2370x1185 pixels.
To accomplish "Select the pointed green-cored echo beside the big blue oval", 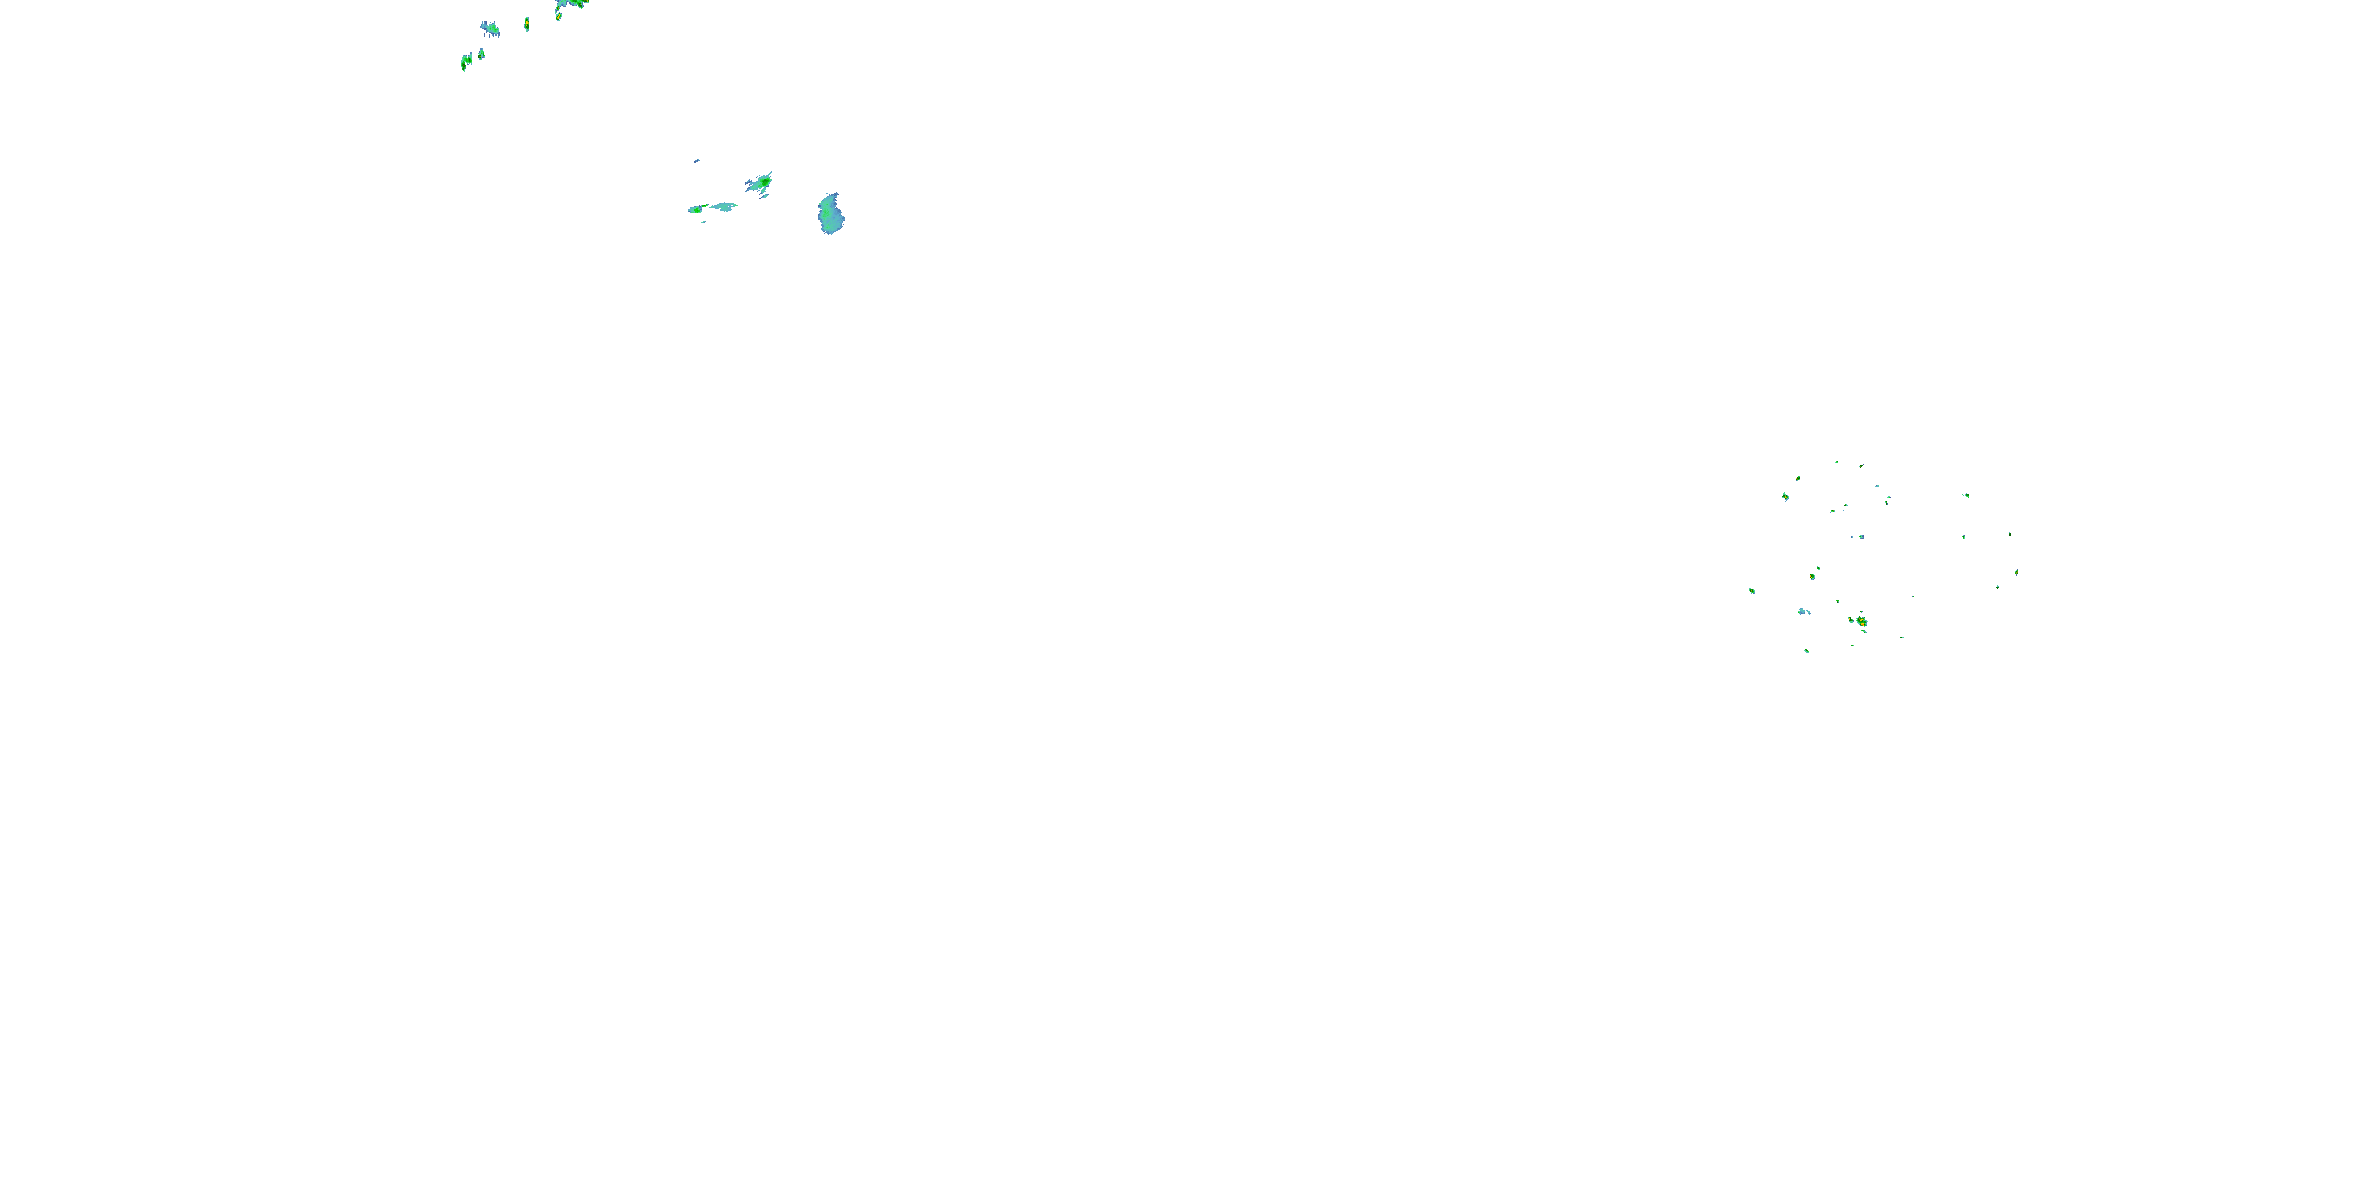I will (760, 183).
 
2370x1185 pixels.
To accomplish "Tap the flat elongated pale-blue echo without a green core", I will (724, 207).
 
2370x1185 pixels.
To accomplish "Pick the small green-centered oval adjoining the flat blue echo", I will (697, 209).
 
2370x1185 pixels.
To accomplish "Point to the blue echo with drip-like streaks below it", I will (491, 28).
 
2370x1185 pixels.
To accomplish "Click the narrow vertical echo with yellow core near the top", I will (526, 24).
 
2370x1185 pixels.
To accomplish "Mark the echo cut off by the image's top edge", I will (572, 4).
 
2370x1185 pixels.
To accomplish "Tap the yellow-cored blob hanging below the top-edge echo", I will (559, 15).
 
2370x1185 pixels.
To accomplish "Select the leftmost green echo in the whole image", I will (466, 61).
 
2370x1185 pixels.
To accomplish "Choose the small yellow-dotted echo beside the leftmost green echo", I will (481, 55).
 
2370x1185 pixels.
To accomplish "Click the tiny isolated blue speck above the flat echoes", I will (697, 160).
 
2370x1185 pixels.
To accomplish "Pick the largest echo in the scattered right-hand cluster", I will (1861, 622).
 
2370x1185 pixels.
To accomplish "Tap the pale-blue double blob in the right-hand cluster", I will (1804, 611).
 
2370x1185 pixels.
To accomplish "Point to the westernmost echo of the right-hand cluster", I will (1751, 591).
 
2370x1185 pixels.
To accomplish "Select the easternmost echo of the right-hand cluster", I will (2017, 571).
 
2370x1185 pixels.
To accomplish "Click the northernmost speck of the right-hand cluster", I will (1837, 462).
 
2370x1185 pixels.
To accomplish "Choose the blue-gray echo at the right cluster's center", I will (1860, 536).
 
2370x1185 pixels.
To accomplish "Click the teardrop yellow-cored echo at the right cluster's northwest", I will (1785, 496).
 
